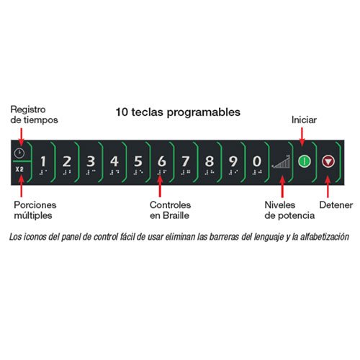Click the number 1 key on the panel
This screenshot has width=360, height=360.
click(x=43, y=163)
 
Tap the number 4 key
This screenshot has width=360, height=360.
click(x=114, y=163)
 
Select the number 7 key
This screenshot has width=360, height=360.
click(x=186, y=163)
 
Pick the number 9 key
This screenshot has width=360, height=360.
click(x=233, y=163)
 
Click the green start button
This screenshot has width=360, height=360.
click(x=305, y=161)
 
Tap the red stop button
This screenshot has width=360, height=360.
click(x=328, y=161)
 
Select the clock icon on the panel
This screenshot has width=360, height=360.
click(x=19, y=153)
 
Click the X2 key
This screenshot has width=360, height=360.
click(x=19, y=169)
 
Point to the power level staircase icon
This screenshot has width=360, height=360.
click(x=282, y=161)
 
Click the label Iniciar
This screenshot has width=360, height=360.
click(x=304, y=120)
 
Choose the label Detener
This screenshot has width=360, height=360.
click(x=336, y=205)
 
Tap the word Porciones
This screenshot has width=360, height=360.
click(x=35, y=205)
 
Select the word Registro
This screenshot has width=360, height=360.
click(x=28, y=109)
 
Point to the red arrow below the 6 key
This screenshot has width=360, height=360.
click(x=160, y=186)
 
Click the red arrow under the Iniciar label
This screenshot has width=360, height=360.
click(x=302, y=137)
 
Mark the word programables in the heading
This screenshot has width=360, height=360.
click(x=204, y=112)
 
